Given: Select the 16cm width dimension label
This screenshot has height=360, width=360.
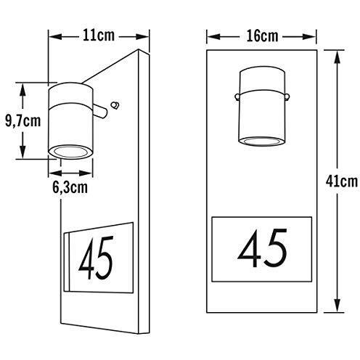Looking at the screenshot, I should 262,35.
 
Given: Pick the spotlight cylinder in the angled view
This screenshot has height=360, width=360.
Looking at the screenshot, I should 71,120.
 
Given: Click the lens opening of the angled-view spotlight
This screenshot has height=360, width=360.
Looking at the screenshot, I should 70,151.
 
